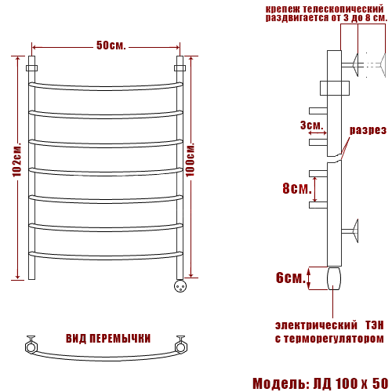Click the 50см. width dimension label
click(x=111, y=45)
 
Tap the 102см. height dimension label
click(x=17, y=160)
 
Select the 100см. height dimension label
click(x=191, y=160)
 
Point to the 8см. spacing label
click(x=297, y=188)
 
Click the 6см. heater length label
click(x=291, y=278)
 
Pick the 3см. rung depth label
click(x=311, y=125)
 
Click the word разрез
click(x=368, y=130)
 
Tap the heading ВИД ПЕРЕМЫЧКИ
click(x=108, y=339)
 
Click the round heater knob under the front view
click(x=180, y=285)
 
